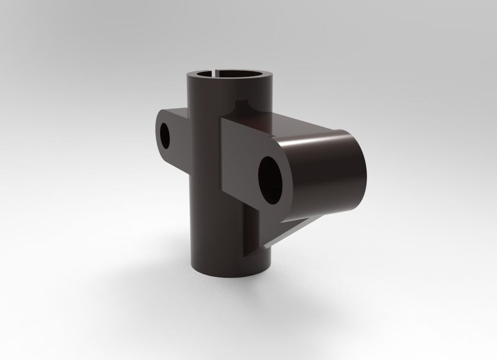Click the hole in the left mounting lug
click(165, 133)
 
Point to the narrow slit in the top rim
click(215, 71)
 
